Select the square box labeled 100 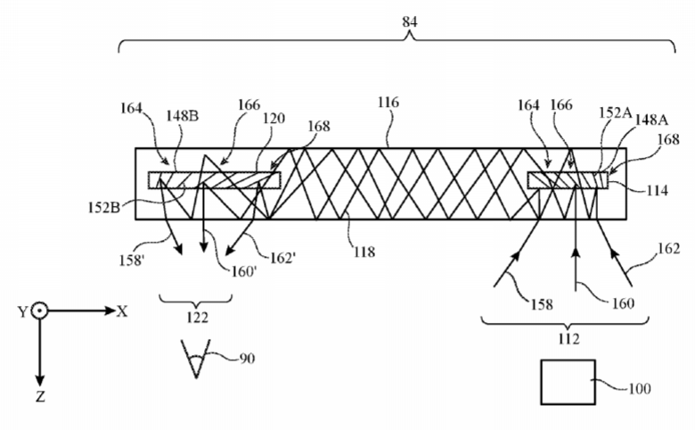[x=568, y=382]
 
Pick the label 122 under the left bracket [x=197, y=317]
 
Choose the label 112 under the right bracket [x=568, y=338]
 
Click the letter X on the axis [x=123, y=310]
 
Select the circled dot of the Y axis [x=39, y=311]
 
